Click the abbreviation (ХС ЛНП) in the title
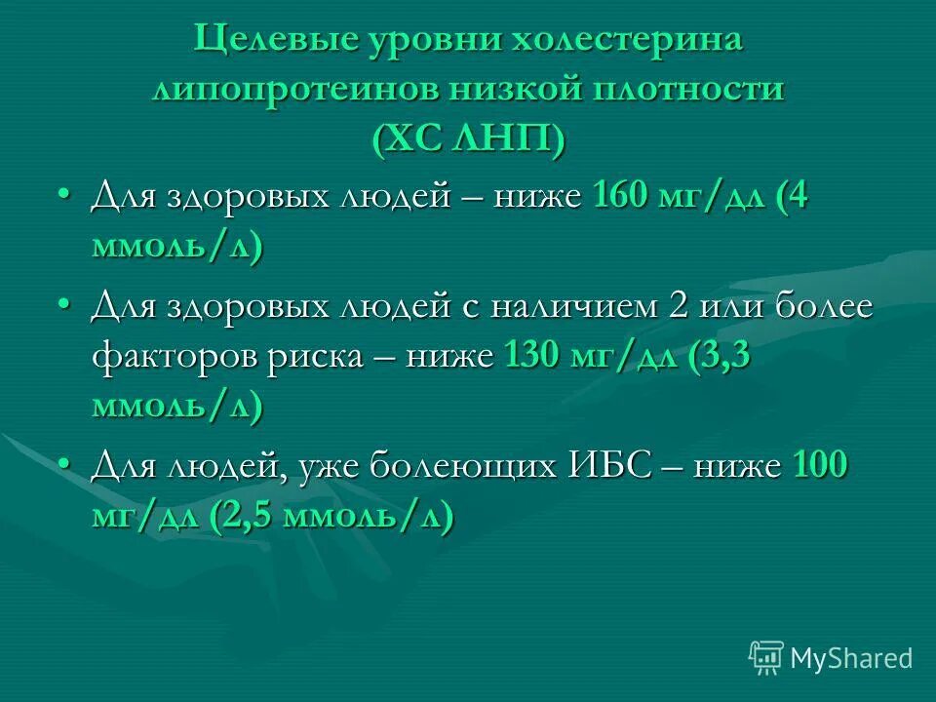[467, 137]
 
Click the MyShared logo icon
[765, 656]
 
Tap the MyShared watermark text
[851, 657]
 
